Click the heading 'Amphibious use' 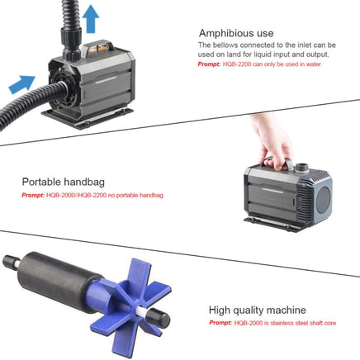pos(236,32)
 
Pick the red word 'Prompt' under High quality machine pos(220,323)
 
